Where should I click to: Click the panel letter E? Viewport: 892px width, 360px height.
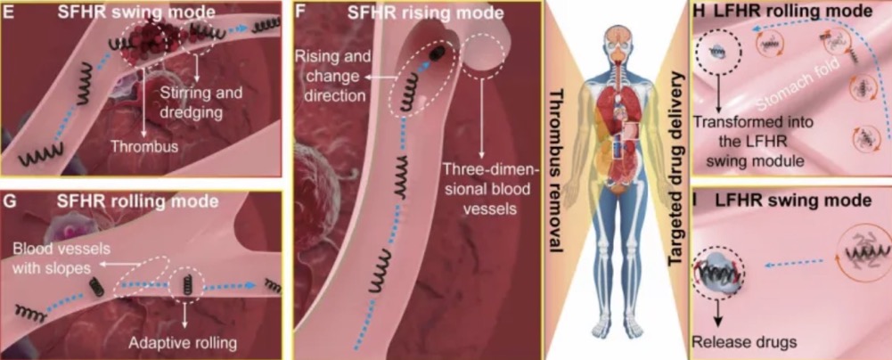[11, 13]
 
